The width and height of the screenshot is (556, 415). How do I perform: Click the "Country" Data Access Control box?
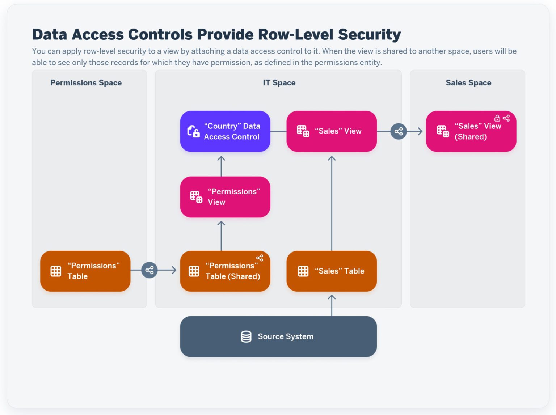point(225,131)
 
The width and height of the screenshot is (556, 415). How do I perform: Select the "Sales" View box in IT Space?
point(331,131)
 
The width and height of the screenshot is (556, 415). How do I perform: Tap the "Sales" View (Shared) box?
point(471,131)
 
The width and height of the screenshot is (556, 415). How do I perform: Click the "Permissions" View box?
point(225,197)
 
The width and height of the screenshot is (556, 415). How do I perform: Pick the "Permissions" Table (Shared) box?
point(225,271)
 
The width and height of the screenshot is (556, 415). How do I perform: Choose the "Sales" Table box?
point(331,271)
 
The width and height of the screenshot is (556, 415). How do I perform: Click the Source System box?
point(278,336)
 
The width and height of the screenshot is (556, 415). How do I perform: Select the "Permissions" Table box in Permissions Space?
point(85,271)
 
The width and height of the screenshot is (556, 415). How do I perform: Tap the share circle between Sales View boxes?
point(399,131)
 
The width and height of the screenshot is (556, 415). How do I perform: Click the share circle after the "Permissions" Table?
point(149,270)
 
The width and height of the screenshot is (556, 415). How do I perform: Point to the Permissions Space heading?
point(86,83)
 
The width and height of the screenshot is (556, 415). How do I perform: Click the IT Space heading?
point(279,83)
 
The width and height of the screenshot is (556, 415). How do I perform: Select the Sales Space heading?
point(468,83)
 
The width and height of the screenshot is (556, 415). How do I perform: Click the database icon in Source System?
point(246,336)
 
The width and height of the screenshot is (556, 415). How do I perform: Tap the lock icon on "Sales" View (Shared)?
point(497,118)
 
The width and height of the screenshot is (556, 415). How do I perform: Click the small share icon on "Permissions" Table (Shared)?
point(260,258)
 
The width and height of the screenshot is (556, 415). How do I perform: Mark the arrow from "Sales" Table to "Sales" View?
point(332,203)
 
